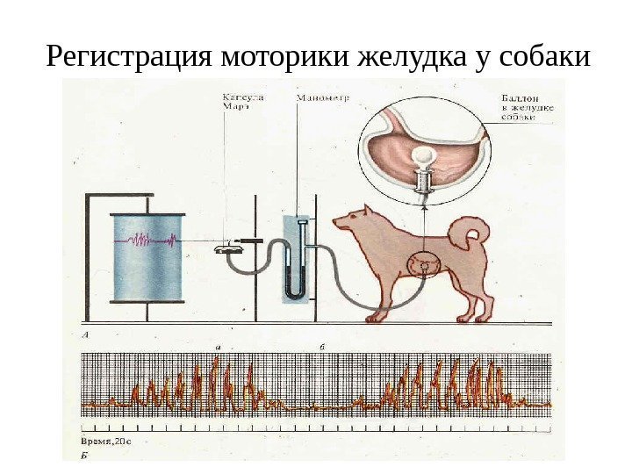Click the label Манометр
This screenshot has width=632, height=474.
pos(322,98)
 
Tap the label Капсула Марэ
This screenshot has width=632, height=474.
pos(240,104)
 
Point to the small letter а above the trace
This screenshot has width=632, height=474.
pos(216,348)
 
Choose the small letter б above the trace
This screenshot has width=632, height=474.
pos(323,348)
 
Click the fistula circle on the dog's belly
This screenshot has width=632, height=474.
pos(425,262)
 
